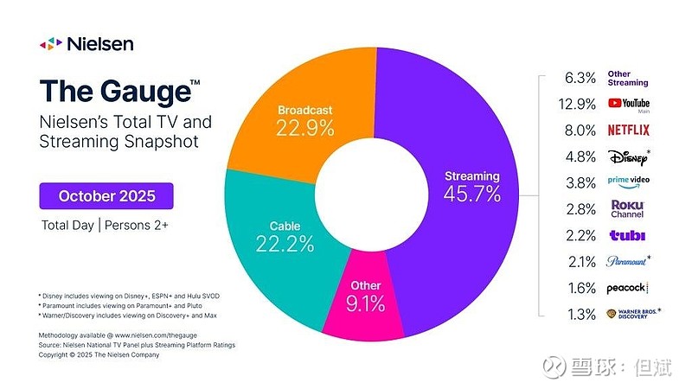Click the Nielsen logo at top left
pos(86,43)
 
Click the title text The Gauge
pos(112,90)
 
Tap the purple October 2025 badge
pos(106,195)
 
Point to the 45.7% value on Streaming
pos(471,194)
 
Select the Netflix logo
pos(629,131)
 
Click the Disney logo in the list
pos(628,157)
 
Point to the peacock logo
pos(627,287)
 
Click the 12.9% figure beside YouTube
pos(580,105)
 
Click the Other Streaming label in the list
pos(628,79)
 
